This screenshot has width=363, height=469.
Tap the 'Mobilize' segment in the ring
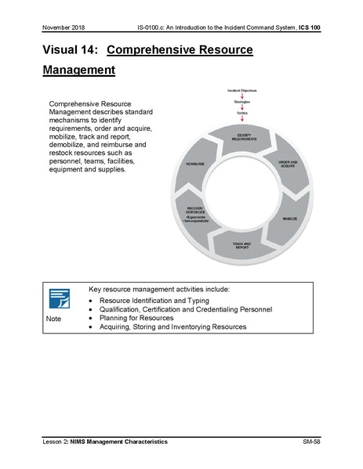coord(289,218)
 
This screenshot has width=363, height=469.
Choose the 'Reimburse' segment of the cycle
coord(196,164)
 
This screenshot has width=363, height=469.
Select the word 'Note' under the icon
coord(54,319)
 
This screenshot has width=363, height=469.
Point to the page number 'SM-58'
coord(311,442)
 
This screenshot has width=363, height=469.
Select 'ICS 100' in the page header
coord(306,27)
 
